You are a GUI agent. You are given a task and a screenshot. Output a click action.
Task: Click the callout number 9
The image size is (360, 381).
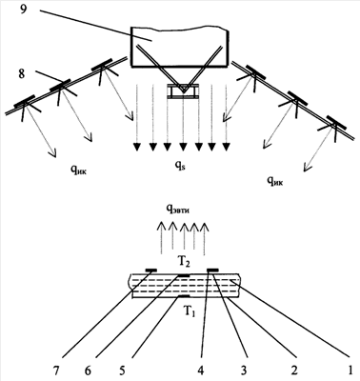24,10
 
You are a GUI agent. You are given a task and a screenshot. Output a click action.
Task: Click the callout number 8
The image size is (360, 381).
22,75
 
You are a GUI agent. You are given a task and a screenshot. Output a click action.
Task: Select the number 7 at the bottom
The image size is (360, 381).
57,370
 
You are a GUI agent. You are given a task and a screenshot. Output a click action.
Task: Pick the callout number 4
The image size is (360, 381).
201,370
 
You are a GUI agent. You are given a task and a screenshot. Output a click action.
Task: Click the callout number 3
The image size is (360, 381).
244,370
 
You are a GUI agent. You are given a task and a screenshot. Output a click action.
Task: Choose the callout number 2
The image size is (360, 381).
294,370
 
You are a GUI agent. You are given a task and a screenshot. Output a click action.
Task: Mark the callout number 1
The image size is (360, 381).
350,370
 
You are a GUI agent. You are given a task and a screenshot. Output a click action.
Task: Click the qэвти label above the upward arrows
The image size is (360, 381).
178,210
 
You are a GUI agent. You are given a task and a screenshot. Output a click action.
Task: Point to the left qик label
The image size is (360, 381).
79,171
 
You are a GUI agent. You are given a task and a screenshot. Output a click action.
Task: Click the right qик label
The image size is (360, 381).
275,181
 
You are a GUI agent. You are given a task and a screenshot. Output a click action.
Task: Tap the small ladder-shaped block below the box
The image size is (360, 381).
183,92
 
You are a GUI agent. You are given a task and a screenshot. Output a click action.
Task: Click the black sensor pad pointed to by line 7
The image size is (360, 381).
151,271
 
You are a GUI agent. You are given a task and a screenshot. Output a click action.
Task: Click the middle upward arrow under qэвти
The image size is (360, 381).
184,239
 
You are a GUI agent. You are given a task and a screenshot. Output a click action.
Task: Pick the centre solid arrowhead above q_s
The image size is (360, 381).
183,147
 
